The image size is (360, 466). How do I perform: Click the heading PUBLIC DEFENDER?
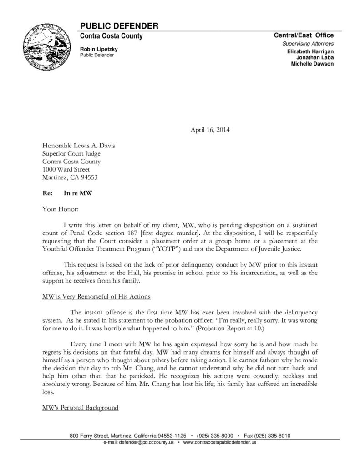coord(119,25)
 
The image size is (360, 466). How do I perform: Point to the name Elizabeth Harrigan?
coord(310,52)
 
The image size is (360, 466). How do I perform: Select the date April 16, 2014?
coord(209,130)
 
